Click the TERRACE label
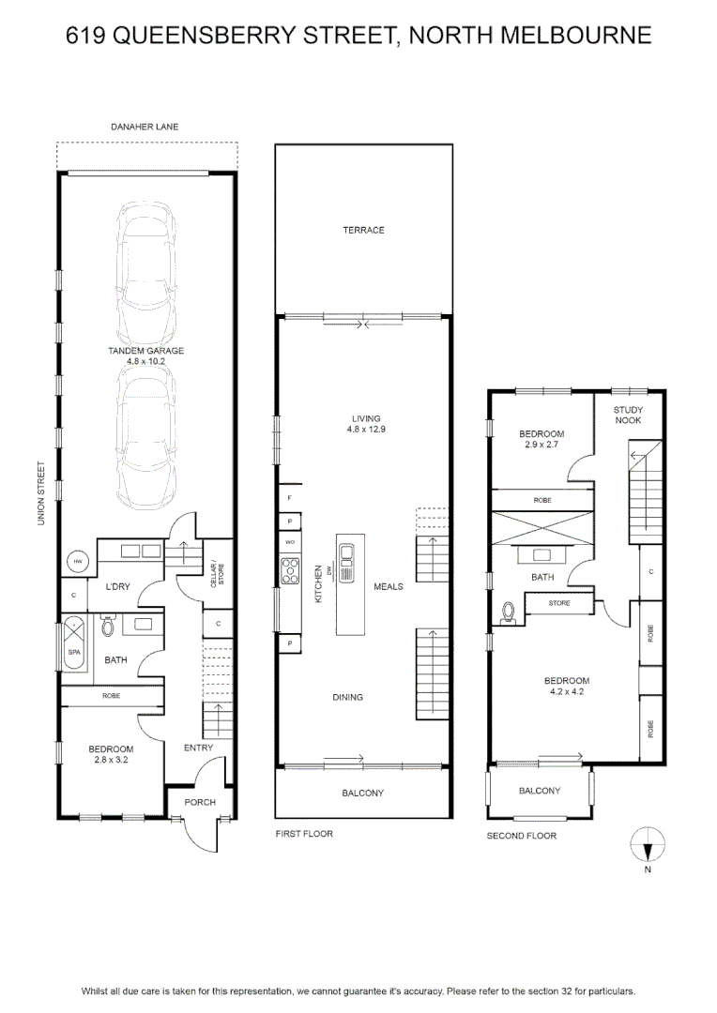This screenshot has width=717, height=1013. coord(363,230)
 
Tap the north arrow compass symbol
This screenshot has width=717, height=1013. coord(648,845)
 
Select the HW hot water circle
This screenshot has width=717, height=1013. coord(78,562)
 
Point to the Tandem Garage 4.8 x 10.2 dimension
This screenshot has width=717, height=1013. coord(145,361)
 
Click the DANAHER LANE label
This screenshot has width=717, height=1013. coord(145,127)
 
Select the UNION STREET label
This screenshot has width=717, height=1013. coord(41,493)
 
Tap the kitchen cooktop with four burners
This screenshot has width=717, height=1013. coord(290,570)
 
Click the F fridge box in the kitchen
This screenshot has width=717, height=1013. coord(290,498)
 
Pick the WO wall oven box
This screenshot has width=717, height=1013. coord(290,542)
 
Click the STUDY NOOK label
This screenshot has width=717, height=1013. coord(628,415)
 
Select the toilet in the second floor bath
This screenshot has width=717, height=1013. coord(508,612)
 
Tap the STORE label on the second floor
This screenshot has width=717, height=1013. coord(559,603)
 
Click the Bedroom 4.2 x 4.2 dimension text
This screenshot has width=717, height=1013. coord(566,691)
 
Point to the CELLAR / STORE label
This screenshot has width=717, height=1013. coord(217,575)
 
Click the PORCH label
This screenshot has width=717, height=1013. coord(200,802)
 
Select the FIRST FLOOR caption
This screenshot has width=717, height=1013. coord(304,834)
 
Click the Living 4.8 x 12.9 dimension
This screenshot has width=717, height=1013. coord(366,429)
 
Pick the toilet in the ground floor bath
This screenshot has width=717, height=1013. coord(108,626)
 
